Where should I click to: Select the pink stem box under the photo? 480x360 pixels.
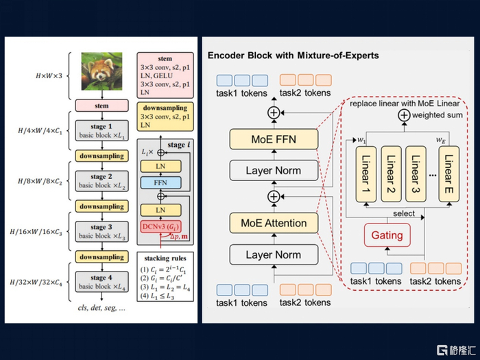(x=101, y=106)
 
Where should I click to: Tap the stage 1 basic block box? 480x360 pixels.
(x=101, y=130)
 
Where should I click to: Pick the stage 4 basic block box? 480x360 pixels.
(x=101, y=281)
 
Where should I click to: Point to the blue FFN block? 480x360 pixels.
(x=160, y=183)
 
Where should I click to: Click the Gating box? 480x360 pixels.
(x=387, y=235)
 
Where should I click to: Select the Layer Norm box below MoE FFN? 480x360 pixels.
(x=274, y=170)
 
